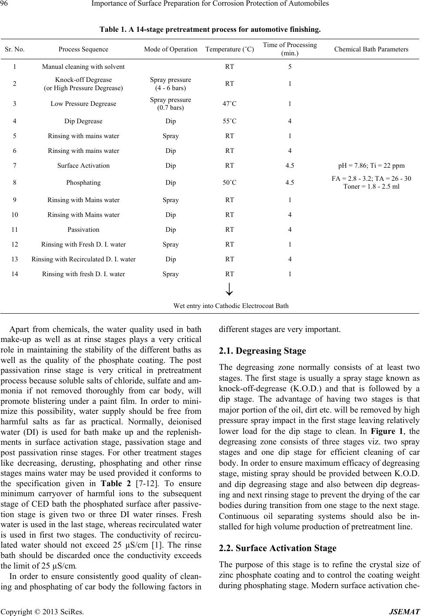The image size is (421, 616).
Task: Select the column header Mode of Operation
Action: [170, 49]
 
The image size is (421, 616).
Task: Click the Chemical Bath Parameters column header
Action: [371, 49]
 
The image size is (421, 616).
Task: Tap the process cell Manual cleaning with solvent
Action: [83, 67]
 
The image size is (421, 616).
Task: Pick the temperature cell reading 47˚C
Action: [229, 104]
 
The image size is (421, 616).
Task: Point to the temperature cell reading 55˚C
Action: [229, 121]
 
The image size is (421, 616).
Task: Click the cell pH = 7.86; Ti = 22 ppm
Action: [371, 166]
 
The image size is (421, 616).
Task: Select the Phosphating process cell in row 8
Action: [83, 183]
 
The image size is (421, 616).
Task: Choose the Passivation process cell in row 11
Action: [83, 230]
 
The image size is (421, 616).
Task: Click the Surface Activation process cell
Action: [83, 166]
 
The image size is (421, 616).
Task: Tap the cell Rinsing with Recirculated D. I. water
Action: [83, 259]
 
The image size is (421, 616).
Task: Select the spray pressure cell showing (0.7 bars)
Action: [170, 108]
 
